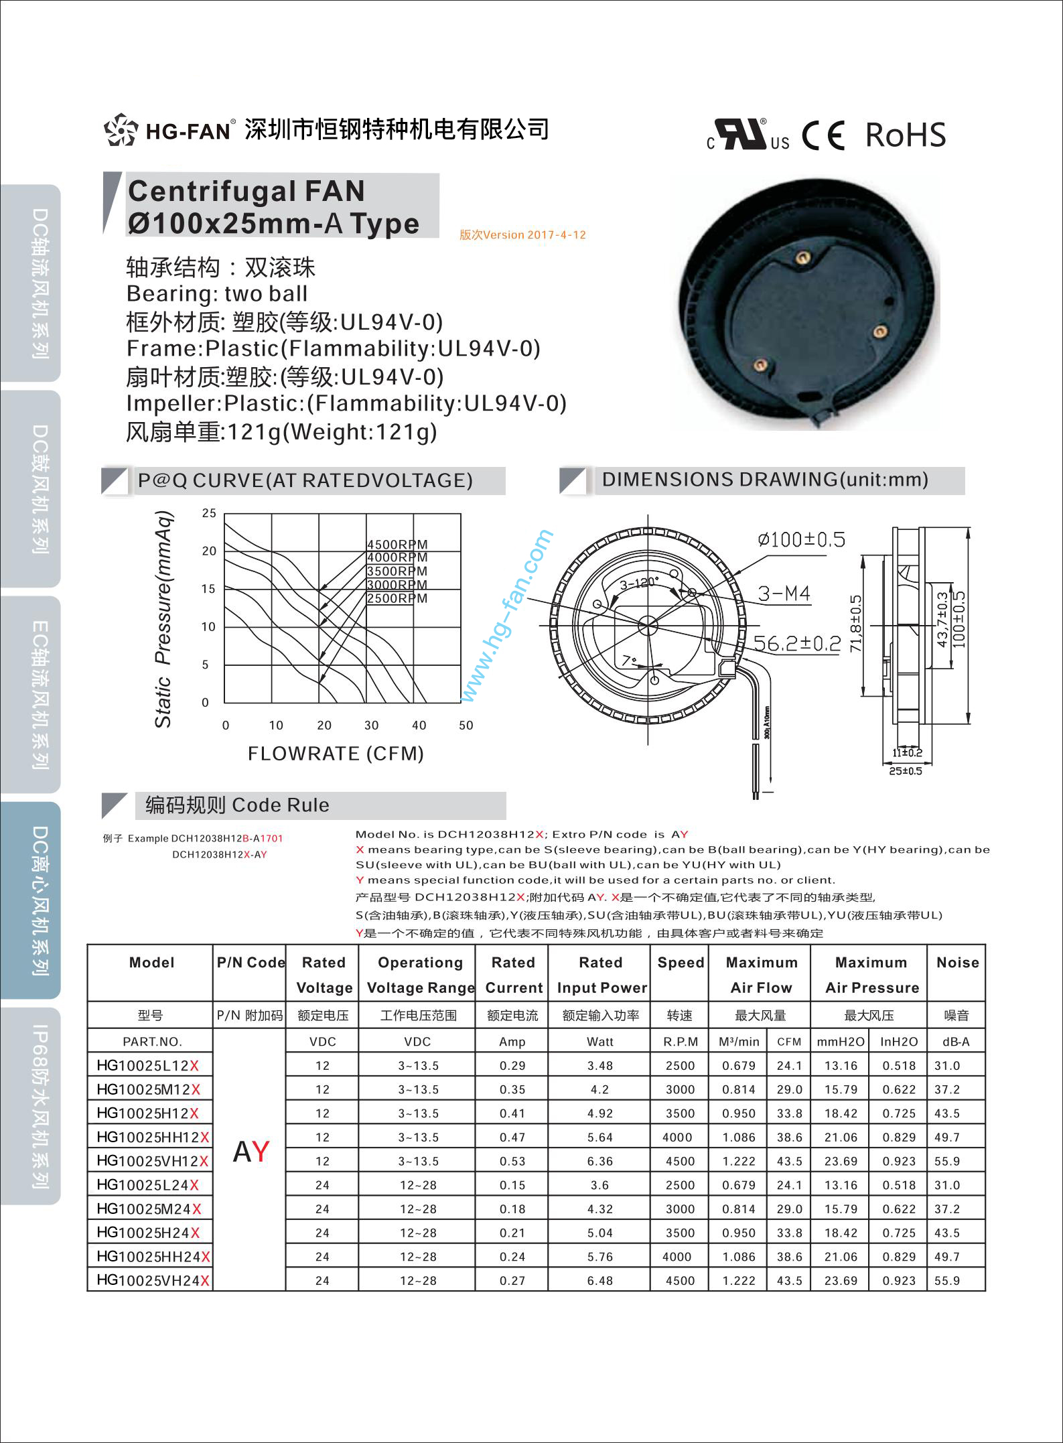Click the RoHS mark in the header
(906, 135)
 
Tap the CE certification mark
(823, 136)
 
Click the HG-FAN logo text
(188, 131)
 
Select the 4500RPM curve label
(397, 545)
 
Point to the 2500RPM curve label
(397, 598)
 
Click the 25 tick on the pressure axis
(209, 514)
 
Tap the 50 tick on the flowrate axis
(466, 726)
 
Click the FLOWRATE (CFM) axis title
(336, 754)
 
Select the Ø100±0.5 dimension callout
(801, 539)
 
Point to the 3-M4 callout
(784, 594)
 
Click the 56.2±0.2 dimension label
(797, 644)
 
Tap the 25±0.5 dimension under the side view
(906, 771)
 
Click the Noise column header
(957, 963)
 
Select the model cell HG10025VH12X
(152, 1161)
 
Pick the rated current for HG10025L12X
(512, 1066)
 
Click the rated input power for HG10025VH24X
(599, 1281)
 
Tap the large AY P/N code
(251, 1152)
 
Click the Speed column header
(681, 963)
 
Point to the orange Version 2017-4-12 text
(523, 235)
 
